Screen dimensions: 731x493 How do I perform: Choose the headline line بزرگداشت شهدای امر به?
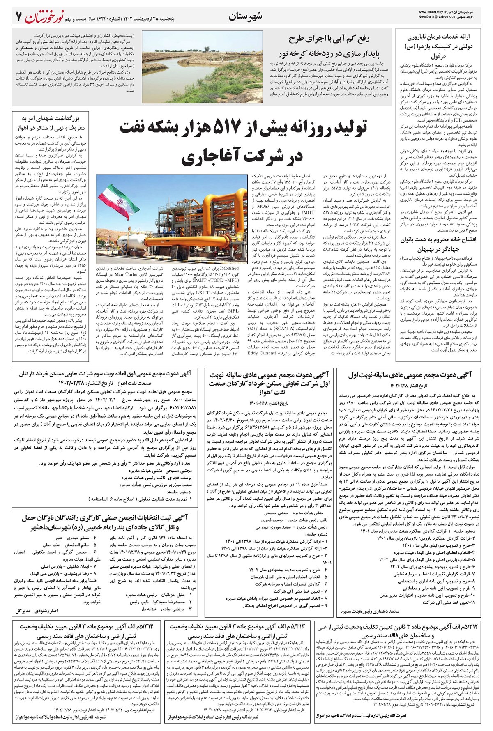[x=51, y=120]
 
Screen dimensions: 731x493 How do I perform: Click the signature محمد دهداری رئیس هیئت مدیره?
[x=370, y=611]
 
